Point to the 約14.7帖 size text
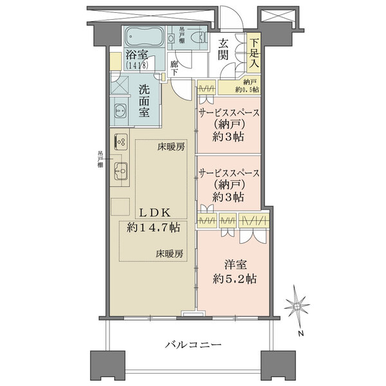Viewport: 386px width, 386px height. [153, 227]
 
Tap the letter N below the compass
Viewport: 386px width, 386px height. [299, 333]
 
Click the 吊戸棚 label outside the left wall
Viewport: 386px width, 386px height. [100, 159]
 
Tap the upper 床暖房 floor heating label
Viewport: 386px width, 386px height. [170, 147]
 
